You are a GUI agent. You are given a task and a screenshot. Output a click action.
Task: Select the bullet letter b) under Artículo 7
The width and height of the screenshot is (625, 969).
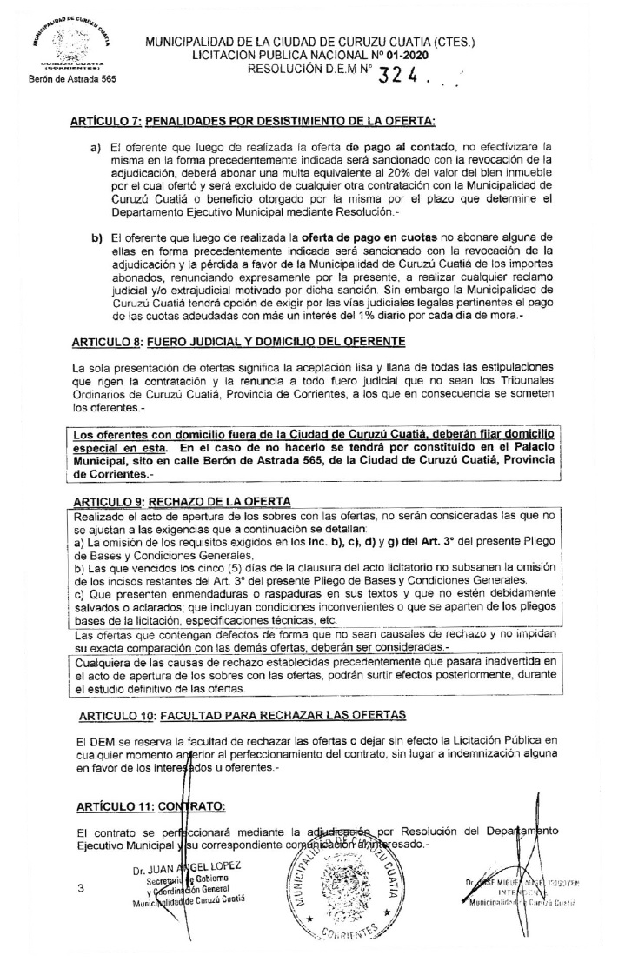tap(96, 237)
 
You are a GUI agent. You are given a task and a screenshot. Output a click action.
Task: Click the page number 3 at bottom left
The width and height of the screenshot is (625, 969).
tap(80, 888)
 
